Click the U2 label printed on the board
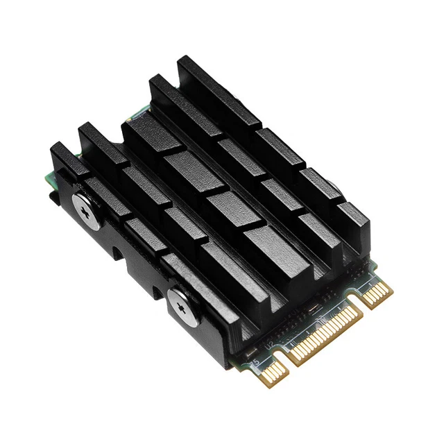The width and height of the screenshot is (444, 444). click(268, 342)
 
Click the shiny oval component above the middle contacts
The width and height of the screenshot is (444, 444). click(314, 306)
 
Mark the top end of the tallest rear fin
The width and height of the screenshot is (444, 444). click(189, 64)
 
